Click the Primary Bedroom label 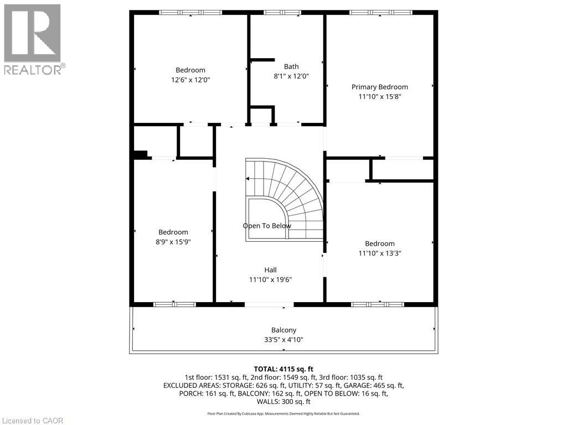380,87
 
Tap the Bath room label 291,66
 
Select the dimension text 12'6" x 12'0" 190,80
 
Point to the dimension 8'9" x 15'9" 173,242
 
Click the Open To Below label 267,226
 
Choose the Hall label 270,270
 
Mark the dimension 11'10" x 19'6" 270,279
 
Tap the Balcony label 284,330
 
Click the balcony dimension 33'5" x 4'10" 284,340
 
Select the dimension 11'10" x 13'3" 380,253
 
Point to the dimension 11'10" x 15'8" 380,96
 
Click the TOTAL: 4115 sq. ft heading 283,369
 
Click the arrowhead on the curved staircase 248,179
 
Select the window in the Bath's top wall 282,13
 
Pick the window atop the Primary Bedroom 381,13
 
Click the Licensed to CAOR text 33,421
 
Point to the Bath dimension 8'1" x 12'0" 291,76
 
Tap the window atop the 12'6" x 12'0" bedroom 190,13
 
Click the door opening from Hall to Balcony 270,305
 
